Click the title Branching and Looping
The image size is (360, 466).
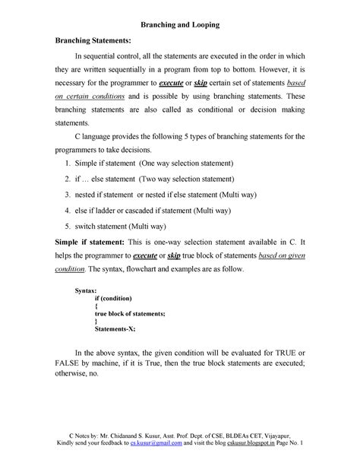pyautogui.click(x=180, y=25)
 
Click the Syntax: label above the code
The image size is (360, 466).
pyautogui.click(x=86, y=291)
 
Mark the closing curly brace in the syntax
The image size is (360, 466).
pyautogui.click(x=96, y=322)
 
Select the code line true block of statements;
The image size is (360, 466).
pyautogui.click(x=130, y=314)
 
